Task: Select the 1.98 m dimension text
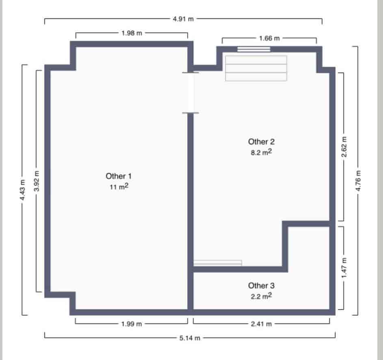tap(132, 33)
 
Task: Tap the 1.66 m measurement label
tap(269, 39)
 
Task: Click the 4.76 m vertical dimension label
tap(358, 180)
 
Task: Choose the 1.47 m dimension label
tap(344, 267)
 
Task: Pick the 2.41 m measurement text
tap(262, 323)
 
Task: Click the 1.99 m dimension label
tap(132, 323)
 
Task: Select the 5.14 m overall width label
tap(190, 338)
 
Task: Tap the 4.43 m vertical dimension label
tap(23, 190)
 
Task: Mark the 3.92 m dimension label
tap(37, 181)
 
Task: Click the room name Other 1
tap(119, 176)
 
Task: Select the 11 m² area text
tap(119, 187)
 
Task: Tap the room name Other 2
tap(261, 142)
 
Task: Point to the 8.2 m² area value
tap(261, 153)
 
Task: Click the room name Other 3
tap(261, 286)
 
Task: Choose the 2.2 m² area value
tap(261, 297)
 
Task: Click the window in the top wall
tap(254, 50)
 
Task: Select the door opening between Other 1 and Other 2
tap(190, 93)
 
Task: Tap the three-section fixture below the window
tap(256, 68)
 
